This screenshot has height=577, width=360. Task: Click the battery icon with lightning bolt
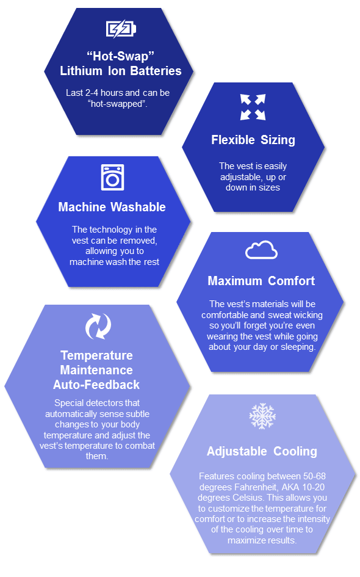121,29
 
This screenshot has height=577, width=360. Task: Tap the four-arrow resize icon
253,107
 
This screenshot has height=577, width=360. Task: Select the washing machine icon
112,177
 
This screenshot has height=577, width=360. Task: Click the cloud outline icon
261,250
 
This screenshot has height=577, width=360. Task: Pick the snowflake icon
262,416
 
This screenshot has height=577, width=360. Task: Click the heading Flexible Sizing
253,140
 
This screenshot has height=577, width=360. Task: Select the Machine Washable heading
112,207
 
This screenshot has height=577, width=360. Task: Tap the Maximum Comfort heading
261,281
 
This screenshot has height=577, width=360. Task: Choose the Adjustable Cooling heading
262,451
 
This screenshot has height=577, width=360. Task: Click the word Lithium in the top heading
81,71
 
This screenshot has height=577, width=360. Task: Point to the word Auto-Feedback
96,385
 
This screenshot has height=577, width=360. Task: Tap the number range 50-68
314,476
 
